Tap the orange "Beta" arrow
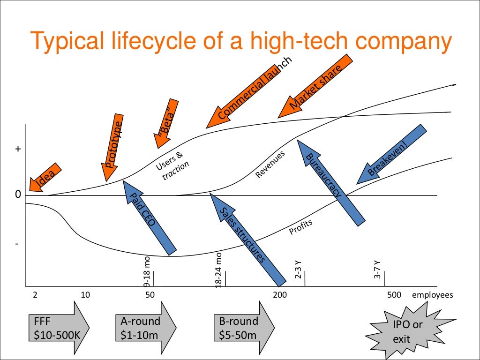[168, 123]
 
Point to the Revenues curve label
[270, 165]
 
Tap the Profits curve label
[300, 227]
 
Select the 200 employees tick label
[279, 295]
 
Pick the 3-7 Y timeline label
[377, 269]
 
